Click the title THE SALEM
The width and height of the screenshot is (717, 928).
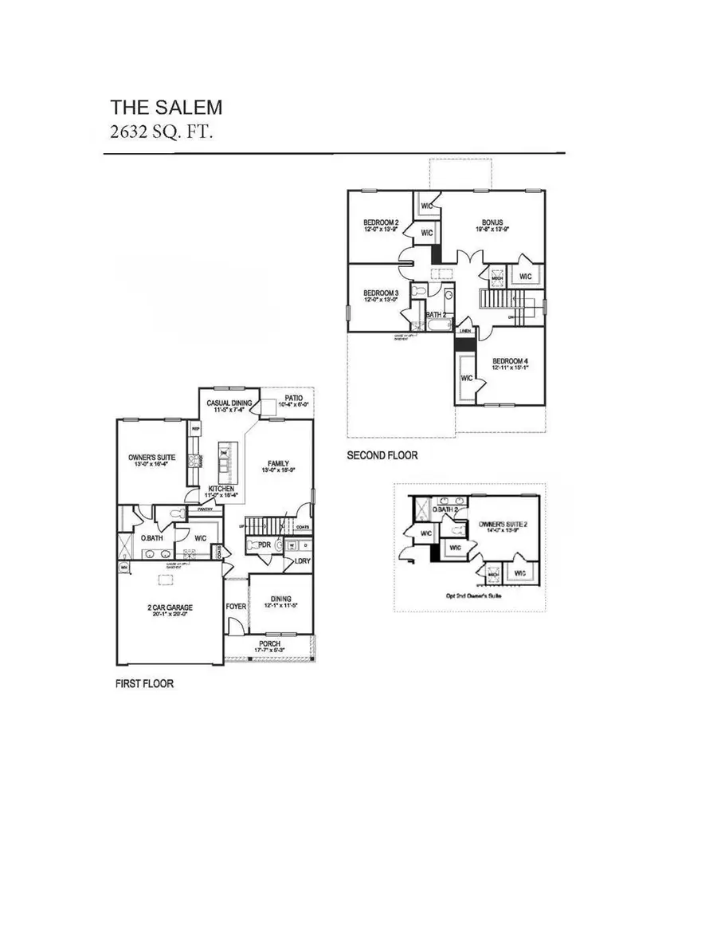tap(167, 107)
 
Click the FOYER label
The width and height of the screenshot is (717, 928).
tap(236, 606)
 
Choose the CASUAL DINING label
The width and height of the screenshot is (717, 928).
tap(229, 403)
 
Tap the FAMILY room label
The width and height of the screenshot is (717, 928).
tap(277, 463)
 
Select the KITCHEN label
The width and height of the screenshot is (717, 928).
tap(221, 488)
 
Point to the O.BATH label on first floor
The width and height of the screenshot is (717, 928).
tap(152, 538)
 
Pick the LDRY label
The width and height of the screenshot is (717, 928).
tap(302, 560)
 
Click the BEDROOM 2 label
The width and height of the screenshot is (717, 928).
tap(380, 222)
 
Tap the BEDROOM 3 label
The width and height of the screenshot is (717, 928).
tap(379, 292)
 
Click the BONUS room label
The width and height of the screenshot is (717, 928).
tap(491, 222)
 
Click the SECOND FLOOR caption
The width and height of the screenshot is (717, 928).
tap(382, 456)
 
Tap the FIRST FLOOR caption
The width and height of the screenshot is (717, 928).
tap(144, 684)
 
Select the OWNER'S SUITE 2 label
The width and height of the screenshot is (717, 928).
tap(499, 525)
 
